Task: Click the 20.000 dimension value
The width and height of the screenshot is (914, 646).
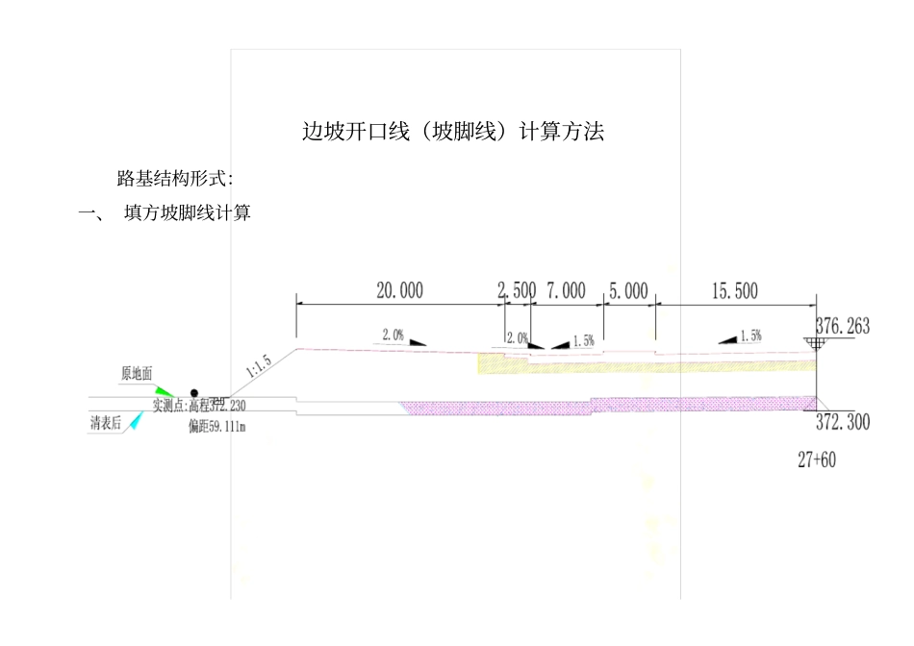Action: [399, 290]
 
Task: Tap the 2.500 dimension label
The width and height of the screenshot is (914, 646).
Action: [517, 290]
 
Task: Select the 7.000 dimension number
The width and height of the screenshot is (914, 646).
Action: [566, 290]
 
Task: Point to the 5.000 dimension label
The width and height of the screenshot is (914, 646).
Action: [629, 290]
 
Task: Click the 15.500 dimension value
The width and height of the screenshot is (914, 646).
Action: [734, 290]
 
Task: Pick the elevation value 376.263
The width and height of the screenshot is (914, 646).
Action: [842, 327]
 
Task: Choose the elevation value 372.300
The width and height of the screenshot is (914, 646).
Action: [843, 422]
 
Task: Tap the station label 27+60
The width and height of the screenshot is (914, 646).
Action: [816, 460]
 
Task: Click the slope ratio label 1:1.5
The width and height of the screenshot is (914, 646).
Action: [260, 366]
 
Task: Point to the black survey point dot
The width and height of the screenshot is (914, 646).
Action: [194, 393]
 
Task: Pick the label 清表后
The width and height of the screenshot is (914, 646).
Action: [106, 424]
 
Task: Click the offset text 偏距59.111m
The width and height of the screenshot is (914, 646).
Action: [217, 426]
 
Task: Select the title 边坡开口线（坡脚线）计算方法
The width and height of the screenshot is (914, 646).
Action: [453, 133]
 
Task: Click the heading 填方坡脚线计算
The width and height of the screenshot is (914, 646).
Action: [188, 213]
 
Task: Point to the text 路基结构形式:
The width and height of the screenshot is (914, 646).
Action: [175, 178]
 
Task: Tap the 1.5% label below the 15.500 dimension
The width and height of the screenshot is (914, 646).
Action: [750, 336]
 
